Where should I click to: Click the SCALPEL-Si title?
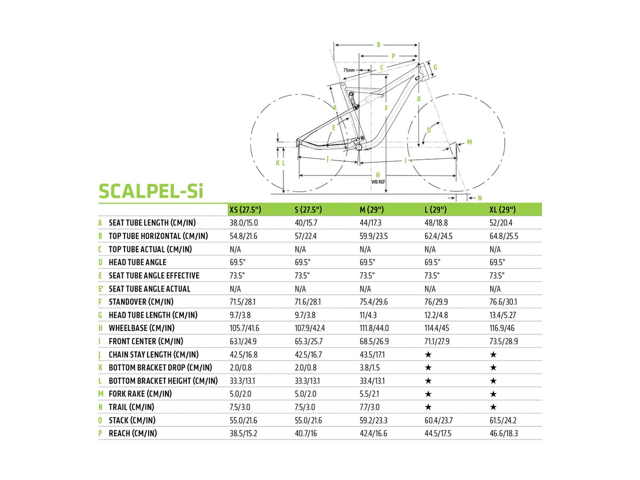[151, 191]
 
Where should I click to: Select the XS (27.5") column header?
[245, 210]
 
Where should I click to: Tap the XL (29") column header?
[502, 210]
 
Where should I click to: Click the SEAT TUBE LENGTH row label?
[152, 223]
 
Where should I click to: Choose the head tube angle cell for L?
[432, 262]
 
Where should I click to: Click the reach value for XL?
[504, 433]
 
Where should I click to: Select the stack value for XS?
[243, 420]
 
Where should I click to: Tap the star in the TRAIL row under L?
[428, 407]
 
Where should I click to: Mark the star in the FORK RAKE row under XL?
[493, 394]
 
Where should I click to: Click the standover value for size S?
[308, 302]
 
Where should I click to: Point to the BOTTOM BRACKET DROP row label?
[160, 368]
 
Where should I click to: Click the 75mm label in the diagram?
[349, 70]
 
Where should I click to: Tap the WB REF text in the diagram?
[378, 182]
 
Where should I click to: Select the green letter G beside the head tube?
[435, 67]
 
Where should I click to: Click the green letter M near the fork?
[469, 142]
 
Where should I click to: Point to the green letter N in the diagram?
[480, 198]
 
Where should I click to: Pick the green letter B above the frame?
[378, 45]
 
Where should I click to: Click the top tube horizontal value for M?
[374, 236]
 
